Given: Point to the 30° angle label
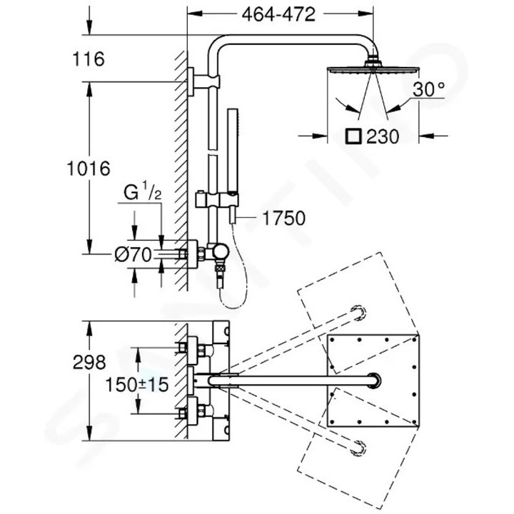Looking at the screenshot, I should click(428, 91).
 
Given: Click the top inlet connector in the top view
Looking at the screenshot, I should click(198, 348).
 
